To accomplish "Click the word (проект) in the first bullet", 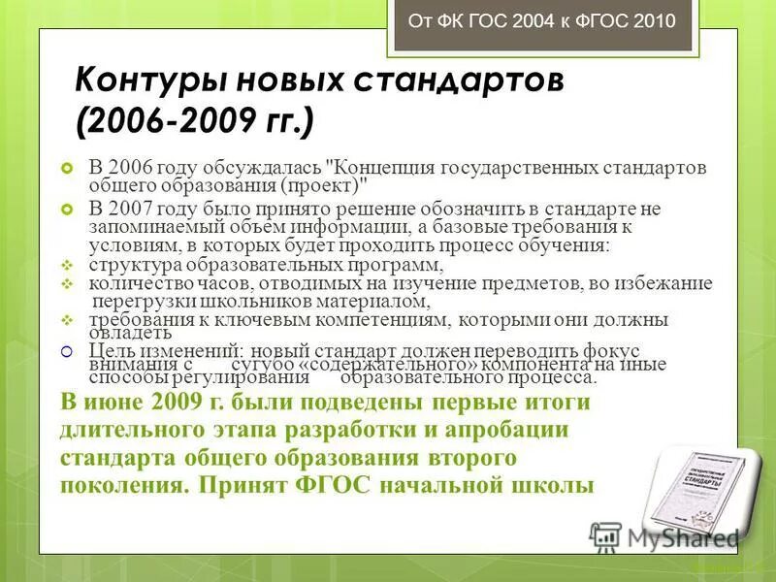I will [322, 184].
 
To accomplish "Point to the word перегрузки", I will [135, 301].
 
